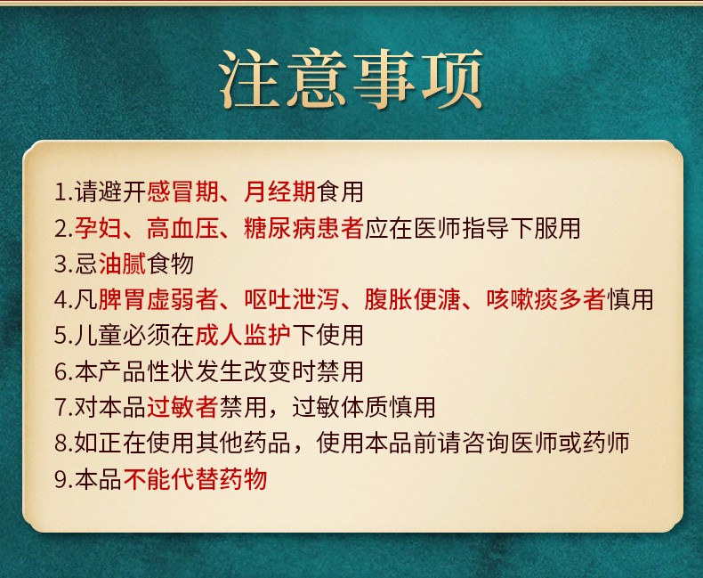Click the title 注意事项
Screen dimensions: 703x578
351,79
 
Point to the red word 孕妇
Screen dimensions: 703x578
98,227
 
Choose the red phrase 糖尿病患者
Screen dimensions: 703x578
303,227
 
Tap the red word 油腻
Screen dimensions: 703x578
123,264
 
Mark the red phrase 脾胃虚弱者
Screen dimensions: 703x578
158,299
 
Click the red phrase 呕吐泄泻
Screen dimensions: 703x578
291,299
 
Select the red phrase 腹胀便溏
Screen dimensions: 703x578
413,299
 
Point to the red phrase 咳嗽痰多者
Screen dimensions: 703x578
545,299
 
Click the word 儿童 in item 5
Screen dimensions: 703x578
98,335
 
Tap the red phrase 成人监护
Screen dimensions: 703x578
244,335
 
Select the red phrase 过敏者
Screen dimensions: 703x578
182,407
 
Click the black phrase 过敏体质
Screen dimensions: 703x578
340,407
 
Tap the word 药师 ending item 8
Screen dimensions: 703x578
606,443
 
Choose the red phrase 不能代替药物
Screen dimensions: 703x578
195,479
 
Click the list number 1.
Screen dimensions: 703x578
61,192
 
